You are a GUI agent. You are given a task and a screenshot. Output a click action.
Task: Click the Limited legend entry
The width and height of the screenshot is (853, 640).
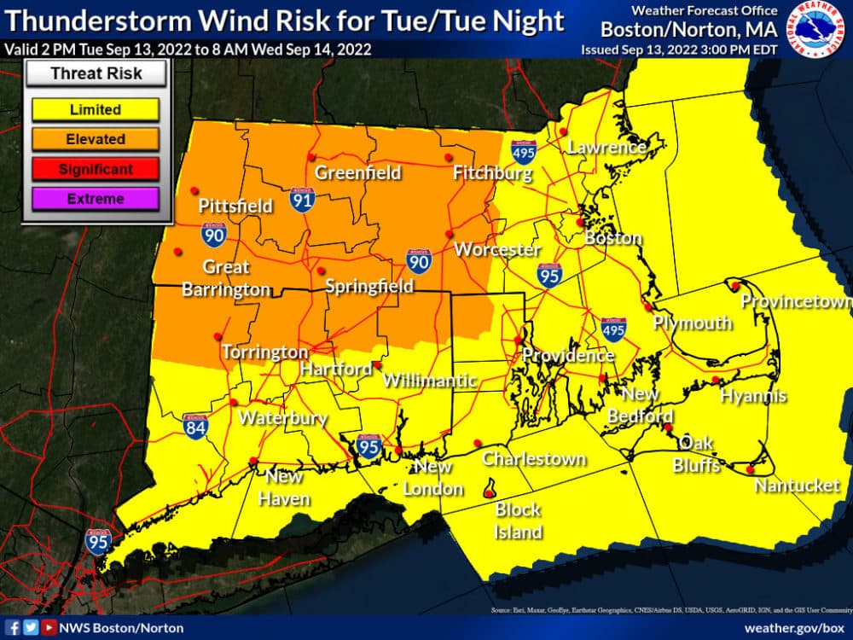[95, 109]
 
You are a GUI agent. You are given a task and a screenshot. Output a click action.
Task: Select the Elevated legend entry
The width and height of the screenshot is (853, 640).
[95, 139]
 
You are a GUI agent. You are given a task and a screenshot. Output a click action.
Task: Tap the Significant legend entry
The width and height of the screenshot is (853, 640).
[95, 169]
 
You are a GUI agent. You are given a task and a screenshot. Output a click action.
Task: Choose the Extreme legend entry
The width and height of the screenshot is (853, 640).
[95, 199]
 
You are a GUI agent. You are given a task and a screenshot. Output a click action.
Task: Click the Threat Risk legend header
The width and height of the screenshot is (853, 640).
[95, 73]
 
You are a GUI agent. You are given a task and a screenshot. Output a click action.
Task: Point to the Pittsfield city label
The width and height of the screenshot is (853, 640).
[235, 206]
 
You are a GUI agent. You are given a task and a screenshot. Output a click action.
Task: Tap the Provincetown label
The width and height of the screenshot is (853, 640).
[795, 301]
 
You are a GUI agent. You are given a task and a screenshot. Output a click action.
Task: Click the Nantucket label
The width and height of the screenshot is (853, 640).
[797, 486]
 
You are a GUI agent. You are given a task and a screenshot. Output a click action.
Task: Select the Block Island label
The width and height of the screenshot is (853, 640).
[519, 521]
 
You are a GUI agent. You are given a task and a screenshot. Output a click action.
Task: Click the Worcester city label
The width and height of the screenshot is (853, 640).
[497, 250]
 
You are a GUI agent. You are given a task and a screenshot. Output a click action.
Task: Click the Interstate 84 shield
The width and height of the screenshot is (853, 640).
[195, 426]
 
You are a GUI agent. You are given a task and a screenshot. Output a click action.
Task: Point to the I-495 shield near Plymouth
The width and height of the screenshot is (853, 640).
[613, 329]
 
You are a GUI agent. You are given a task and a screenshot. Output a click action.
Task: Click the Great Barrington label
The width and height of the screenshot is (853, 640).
[226, 277]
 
